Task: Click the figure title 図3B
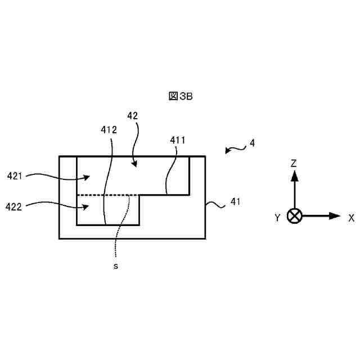(181, 96)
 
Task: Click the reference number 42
(133, 115)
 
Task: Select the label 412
(109, 129)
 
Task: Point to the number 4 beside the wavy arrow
(252, 143)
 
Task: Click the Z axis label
(294, 163)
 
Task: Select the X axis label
(351, 217)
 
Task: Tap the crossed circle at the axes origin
(294, 216)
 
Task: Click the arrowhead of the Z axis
(294, 175)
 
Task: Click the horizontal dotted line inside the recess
(107, 195)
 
